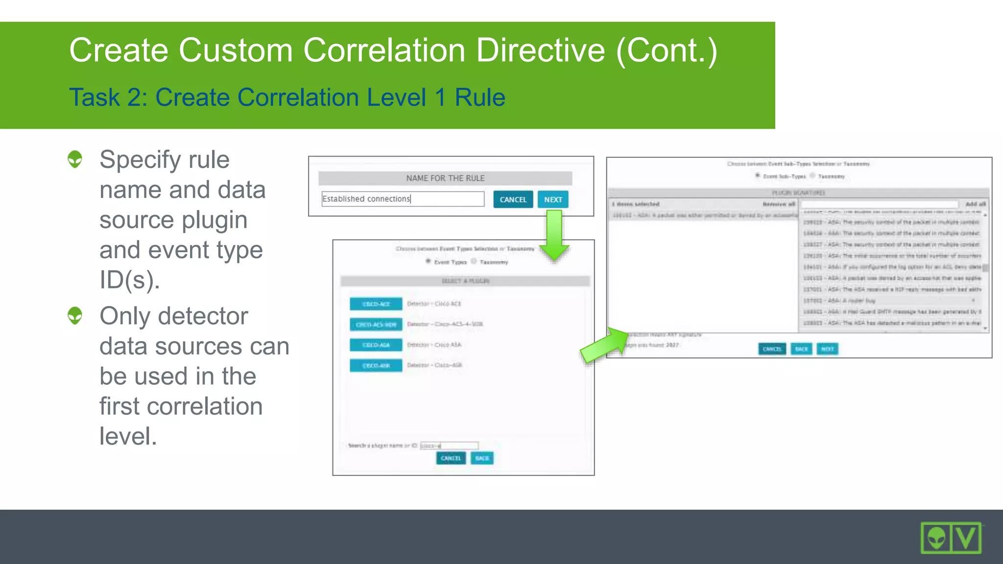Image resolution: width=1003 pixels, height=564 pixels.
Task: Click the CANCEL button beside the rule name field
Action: point(513,199)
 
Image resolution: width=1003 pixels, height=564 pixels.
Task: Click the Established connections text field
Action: point(403,199)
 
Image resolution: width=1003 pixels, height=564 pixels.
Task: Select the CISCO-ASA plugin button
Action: point(376,345)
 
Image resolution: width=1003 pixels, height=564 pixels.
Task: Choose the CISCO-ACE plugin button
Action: point(376,304)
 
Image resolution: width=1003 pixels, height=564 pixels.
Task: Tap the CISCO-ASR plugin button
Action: point(376,365)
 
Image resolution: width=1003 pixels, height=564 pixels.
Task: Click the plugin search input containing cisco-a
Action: point(449,446)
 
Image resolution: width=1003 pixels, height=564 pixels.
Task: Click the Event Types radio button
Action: point(428,261)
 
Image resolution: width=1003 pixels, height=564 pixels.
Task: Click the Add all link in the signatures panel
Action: point(975,204)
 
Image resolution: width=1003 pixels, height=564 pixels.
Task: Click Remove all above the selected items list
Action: point(778,204)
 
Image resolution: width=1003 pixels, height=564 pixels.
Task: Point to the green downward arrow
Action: point(554,235)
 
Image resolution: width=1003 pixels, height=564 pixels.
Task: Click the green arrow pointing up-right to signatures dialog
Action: point(604,345)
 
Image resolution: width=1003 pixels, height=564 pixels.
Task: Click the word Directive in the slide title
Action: point(540,50)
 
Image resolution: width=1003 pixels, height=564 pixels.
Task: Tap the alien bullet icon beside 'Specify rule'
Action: point(75,159)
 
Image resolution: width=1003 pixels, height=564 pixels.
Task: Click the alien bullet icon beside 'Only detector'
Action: point(75,316)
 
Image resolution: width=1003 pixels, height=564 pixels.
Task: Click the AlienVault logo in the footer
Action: point(951,538)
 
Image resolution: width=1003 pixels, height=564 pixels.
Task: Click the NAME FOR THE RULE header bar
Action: point(445,178)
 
